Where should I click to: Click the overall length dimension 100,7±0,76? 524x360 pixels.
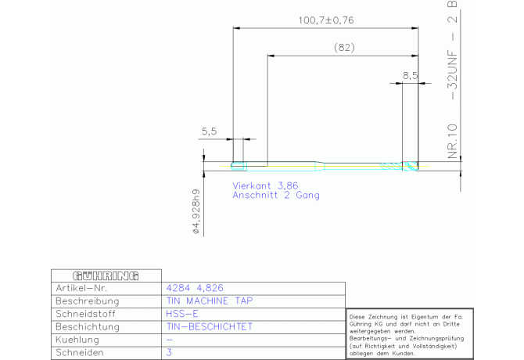326,20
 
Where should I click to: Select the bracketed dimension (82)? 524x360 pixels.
344,48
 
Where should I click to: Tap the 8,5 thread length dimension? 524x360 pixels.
410,76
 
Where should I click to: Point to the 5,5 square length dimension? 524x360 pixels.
209,131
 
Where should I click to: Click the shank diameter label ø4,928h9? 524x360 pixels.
196,211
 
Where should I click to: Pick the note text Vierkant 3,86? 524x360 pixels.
265,185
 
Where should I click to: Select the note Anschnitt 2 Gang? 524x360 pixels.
276,195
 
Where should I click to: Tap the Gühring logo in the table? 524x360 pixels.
106,275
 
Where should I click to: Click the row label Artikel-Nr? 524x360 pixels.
81,288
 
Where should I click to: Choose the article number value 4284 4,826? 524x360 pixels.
195,288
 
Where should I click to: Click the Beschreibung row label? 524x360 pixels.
88,301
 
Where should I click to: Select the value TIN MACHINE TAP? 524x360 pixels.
210,301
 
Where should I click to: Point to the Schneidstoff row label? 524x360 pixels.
85,314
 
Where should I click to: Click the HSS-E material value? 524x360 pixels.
182,314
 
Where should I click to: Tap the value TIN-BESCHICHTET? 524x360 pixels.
210,326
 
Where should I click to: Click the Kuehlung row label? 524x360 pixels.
77,340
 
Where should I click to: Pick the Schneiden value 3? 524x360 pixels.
169,352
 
